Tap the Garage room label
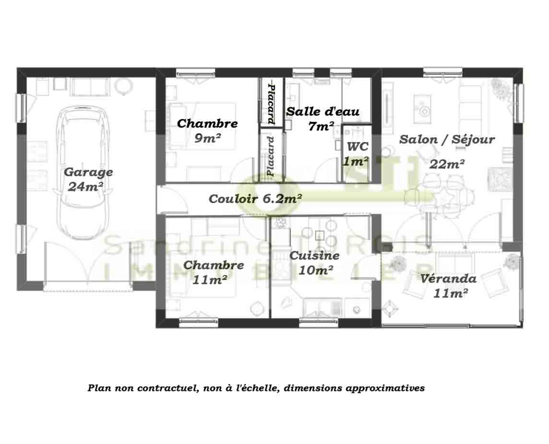(88, 172)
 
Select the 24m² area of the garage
(86, 187)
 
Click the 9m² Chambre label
(207, 123)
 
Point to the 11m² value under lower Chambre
(210, 280)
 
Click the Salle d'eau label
(323, 111)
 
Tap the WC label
(357, 146)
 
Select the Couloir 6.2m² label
(255, 199)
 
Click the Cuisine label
(315, 255)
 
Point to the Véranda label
(448, 278)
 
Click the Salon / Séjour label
(447, 139)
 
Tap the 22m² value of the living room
(447, 164)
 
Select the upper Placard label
(271, 104)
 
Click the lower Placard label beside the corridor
(271, 157)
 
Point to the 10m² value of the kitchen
(315, 270)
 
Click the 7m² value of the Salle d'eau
(321, 126)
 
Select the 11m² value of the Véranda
(450, 293)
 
